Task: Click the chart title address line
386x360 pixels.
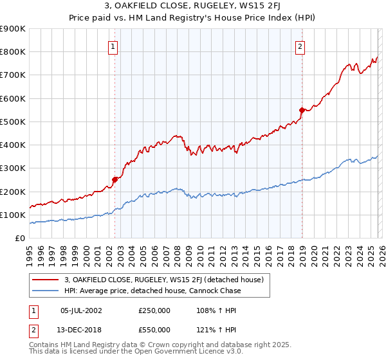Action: (192, 7)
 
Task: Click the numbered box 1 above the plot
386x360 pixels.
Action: (113, 46)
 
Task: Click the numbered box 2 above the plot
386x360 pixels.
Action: (300, 46)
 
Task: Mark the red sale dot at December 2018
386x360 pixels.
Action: (301, 110)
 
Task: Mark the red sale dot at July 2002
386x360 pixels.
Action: (115, 179)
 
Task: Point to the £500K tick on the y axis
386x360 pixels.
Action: (13, 122)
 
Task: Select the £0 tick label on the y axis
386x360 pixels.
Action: (21, 238)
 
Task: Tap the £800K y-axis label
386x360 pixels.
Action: (13, 52)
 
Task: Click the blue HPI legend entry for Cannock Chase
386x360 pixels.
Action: (152, 291)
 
